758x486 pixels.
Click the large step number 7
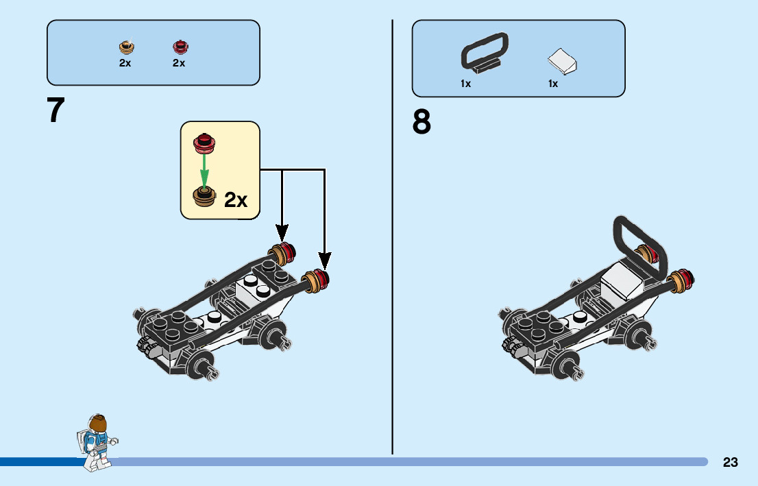pos(56,110)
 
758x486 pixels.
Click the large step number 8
pos(422,123)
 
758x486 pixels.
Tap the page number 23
pos(730,463)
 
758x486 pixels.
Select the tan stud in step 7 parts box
pos(126,47)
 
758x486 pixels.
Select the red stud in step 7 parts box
pos(180,47)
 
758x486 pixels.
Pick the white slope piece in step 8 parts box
pos(563,62)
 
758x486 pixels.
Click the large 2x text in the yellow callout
pos(235,199)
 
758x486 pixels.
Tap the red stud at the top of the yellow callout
pos(204,142)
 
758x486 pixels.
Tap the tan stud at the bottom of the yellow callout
pos(204,197)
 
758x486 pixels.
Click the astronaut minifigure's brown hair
pos(97,422)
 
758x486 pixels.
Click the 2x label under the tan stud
pos(125,63)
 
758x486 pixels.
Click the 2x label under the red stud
pos(179,63)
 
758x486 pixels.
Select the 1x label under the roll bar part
pos(465,84)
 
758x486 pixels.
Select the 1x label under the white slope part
pos(552,84)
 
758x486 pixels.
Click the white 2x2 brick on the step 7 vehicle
pos(254,293)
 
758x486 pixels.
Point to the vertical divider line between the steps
pos(393,240)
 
